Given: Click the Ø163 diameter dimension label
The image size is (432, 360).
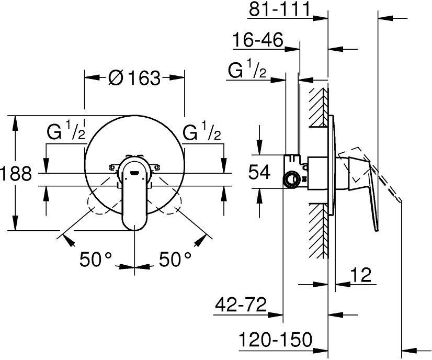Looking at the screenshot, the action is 134,78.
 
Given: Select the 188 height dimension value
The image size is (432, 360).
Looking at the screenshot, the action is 16,174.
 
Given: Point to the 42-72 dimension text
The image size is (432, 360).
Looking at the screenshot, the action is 241,305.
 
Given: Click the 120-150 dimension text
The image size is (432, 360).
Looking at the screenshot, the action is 275,339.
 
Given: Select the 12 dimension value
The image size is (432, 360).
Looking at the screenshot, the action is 361,275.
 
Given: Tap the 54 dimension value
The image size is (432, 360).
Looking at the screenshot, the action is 259,172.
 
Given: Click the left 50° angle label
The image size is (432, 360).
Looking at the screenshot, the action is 96,259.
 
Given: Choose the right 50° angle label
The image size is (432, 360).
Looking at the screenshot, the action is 175,259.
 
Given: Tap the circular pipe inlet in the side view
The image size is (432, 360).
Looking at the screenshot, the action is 291,179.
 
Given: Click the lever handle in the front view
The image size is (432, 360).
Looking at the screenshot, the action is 134,195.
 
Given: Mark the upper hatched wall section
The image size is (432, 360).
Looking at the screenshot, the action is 319,107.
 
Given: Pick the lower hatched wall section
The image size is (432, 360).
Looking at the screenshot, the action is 319,231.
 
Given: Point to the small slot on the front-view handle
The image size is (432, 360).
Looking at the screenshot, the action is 134,173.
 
